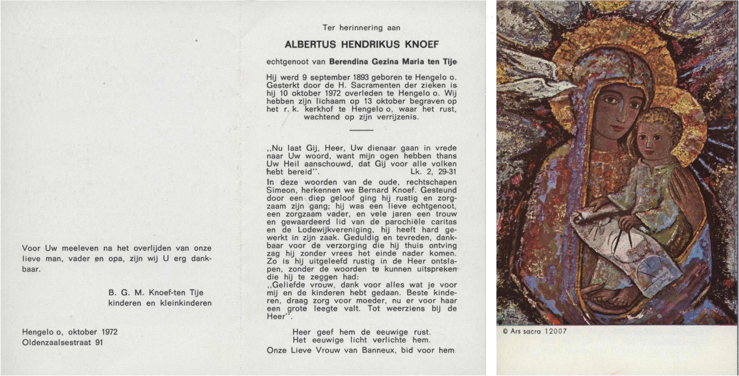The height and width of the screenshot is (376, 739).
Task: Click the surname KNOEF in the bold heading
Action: pyautogui.click(x=422, y=44)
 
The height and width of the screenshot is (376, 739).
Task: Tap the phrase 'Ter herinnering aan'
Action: pyautogui.click(x=361, y=28)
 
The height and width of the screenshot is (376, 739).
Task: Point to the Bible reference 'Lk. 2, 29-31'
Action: pyautogui.click(x=433, y=172)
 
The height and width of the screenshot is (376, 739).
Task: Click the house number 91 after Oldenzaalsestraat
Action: pyautogui.click(x=99, y=342)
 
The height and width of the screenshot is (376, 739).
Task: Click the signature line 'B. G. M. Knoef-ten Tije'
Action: pyautogui.click(x=156, y=293)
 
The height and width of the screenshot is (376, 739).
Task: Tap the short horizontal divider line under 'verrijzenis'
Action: pyautogui.click(x=361, y=130)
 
